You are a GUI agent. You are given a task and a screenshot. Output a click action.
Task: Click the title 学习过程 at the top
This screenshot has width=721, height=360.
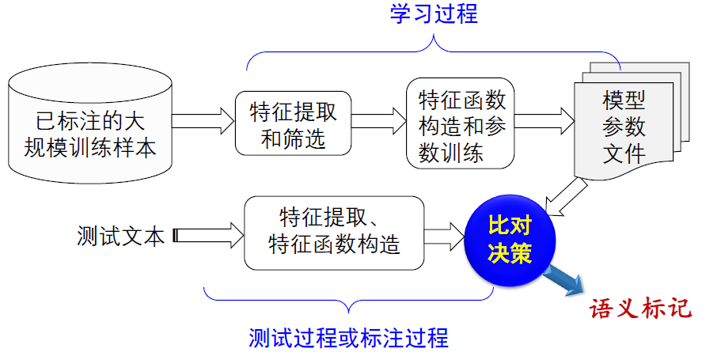point(434,15)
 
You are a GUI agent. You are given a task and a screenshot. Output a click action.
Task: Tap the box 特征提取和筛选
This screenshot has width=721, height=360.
point(293,123)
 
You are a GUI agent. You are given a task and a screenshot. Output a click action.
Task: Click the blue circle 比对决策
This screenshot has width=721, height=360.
point(510,240)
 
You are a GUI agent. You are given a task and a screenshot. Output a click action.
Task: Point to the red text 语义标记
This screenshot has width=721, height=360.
point(639,307)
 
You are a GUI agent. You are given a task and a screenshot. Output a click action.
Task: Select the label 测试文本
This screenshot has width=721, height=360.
point(121,236)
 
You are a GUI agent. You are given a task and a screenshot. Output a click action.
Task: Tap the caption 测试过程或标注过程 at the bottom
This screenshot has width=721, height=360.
point(348,338)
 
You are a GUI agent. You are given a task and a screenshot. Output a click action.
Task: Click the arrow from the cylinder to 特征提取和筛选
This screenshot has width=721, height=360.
point(203,122)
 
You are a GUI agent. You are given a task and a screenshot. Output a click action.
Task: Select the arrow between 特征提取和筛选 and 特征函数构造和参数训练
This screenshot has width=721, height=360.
point(378,122)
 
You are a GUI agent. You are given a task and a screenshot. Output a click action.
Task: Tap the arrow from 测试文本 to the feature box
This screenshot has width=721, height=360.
point(207,235)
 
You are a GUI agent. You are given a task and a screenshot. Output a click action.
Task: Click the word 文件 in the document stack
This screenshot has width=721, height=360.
point(624,153)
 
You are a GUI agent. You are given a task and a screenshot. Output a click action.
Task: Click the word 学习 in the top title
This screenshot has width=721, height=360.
point(412,15)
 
